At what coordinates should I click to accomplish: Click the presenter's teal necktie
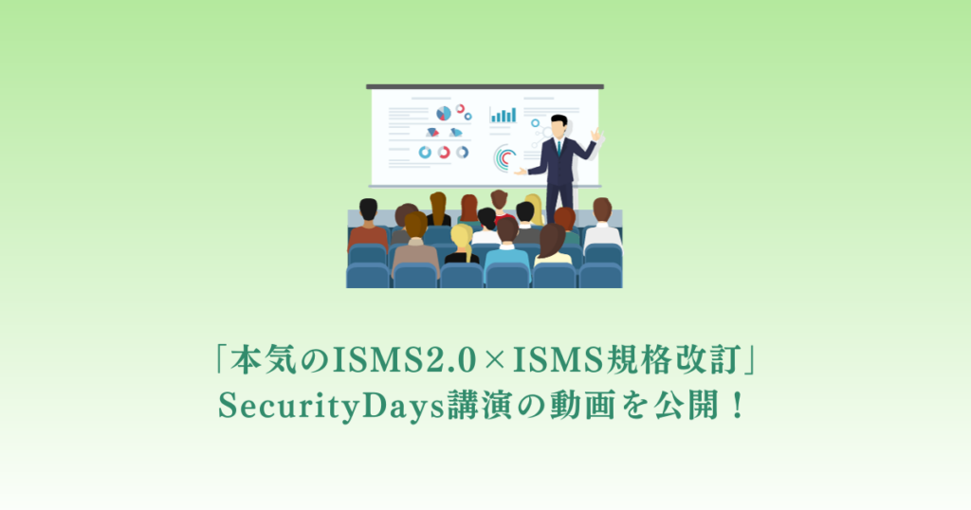[559, 149]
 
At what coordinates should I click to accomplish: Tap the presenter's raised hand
[595, 136]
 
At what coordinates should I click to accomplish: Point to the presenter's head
[559, 125]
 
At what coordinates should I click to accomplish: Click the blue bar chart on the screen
[503, 115]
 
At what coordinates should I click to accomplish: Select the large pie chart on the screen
[443, 114]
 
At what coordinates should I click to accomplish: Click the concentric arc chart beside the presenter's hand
[505, 156]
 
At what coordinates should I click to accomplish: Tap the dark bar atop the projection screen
[485, 86]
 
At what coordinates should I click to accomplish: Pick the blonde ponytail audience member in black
[462, 245]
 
